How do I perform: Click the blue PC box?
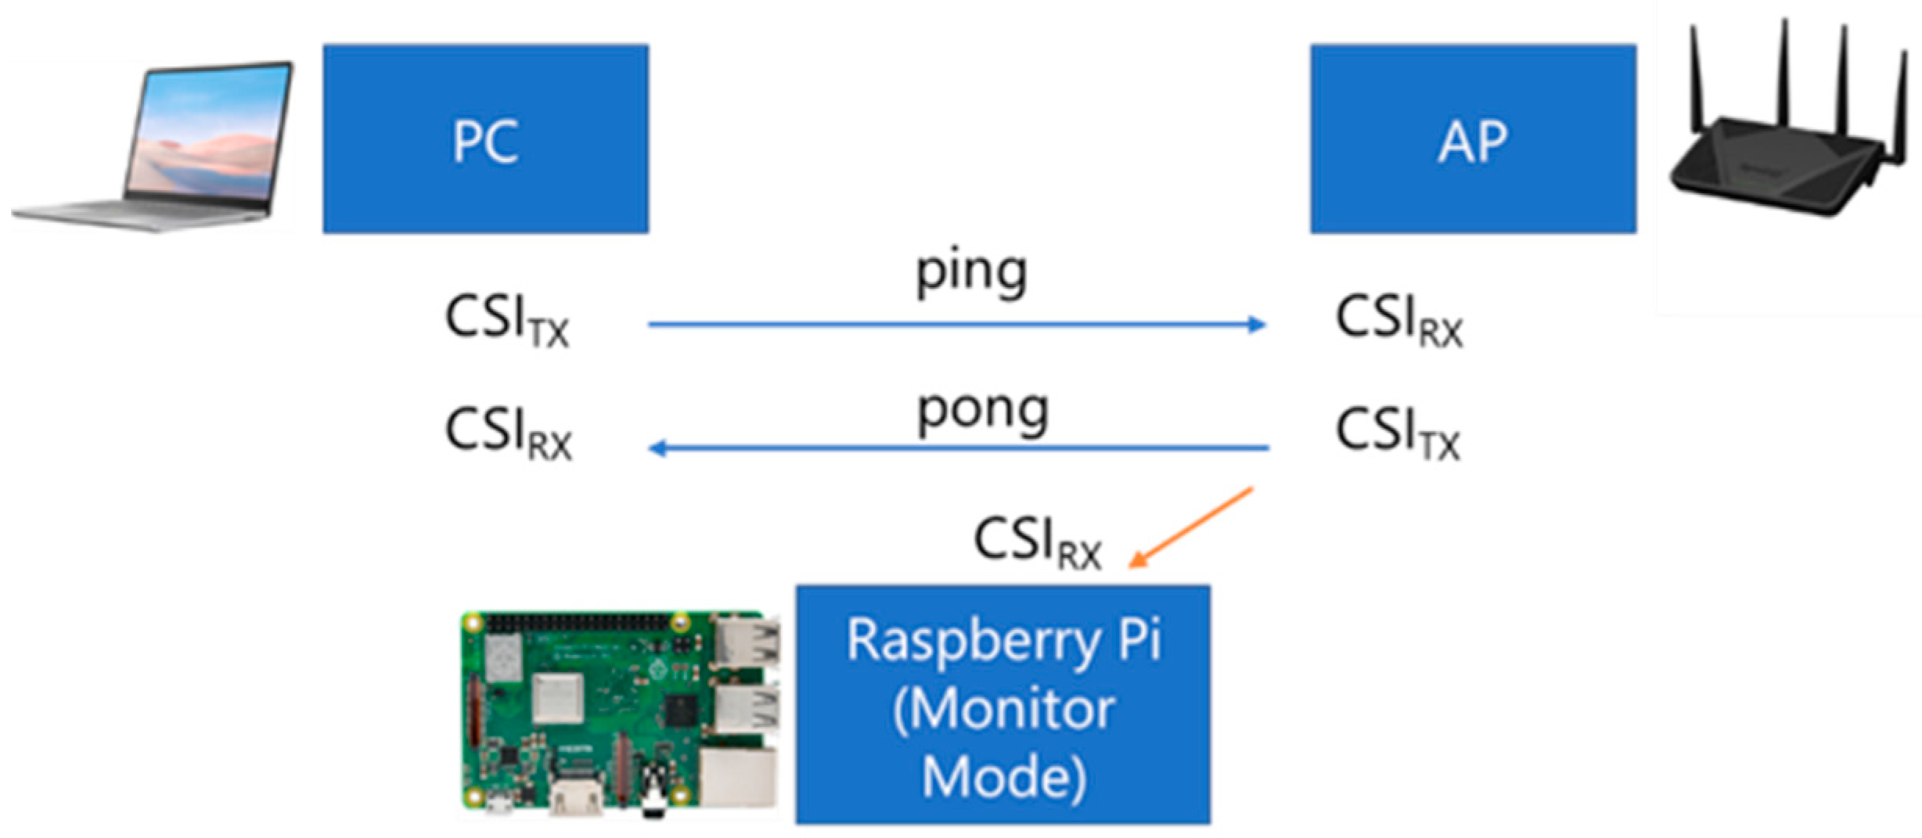[485, 138]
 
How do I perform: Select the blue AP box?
[1473, 138]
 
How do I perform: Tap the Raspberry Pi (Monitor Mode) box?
[1002, 704]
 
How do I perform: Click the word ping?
[971, 274]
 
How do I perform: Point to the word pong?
[982, 412]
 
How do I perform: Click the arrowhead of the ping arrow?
[1257, 324]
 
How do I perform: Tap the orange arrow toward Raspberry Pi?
[1190, 528]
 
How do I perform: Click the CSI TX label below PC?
[506, 321]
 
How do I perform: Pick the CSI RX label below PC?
[508, 433]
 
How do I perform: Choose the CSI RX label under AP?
[1398, 321]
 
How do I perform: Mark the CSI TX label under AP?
[1398, 433]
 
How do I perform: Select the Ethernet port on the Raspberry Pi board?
[740, 775]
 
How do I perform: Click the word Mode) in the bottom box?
[1004, 776]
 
